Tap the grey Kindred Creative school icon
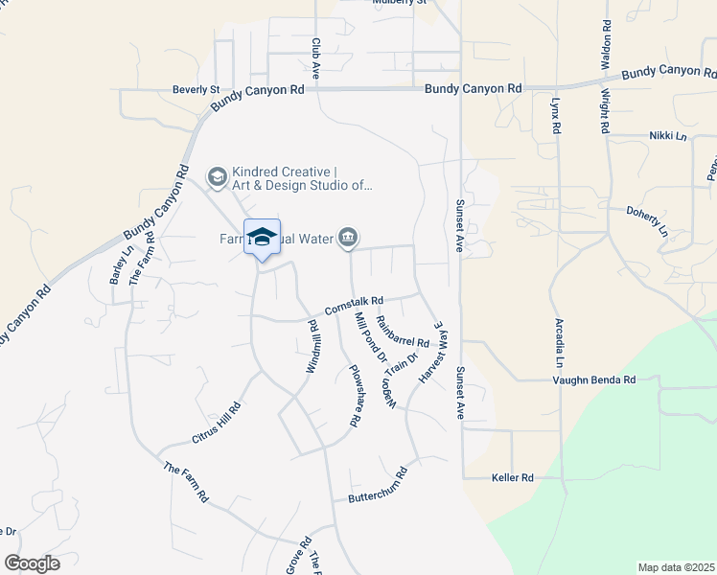coord(218,176)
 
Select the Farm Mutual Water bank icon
coord(349,237)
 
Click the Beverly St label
coord(196,89)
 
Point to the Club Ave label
coord(315,57)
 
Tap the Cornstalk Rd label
coord(354,306)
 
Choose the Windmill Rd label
coord(313,347)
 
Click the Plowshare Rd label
coord(354,395)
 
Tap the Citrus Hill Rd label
coord(216,422)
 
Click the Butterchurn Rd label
coord(377,486)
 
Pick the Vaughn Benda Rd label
coord(594,379)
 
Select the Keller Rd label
coord(512,476)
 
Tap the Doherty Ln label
coord(647,219)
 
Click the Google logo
coord(32,563)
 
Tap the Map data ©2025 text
coord(676,567)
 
